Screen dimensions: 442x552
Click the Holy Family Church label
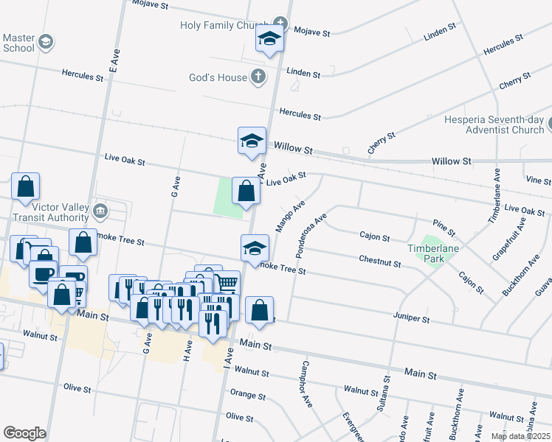tap(224, 26)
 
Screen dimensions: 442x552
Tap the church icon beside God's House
tap(258, 76)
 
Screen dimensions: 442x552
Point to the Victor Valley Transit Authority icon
tap(100, 213)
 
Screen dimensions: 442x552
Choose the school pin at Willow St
tap(252, 140)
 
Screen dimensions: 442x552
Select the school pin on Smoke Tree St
tap(255, 248)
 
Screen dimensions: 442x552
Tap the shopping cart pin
tap(227, 283)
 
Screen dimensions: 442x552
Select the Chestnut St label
tap(379, 260)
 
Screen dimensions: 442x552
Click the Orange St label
tap(247, 395)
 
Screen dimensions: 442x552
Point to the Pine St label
tap(444, 232)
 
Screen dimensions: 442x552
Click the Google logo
tap(24, 432)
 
